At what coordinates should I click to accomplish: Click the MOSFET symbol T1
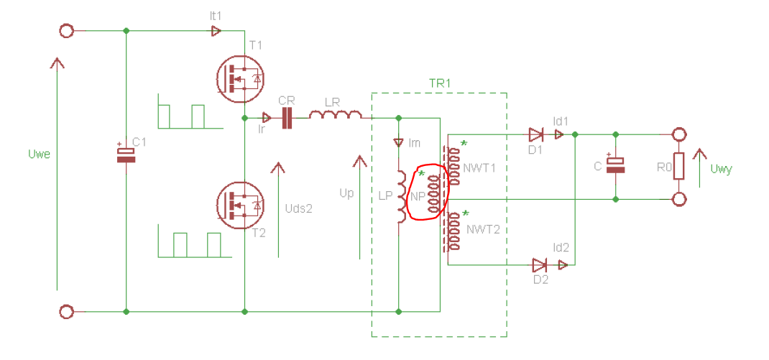(x=239, y=78)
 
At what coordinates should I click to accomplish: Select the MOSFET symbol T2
(x=239, y=205)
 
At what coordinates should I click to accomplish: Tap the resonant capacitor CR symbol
(x=287, y=118)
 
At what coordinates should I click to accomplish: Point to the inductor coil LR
(x=336, y=115)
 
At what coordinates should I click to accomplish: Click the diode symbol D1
(x=535, y=134)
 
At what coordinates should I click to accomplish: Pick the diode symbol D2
(x=540, y=265)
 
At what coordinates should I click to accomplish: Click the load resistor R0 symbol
(x=678, y=166)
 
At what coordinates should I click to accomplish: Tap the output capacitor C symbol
(x=616, y=164)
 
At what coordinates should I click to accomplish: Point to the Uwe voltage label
(x=40, y=154)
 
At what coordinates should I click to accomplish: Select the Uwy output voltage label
(x=721, y=170)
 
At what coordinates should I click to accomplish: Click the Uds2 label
(x=298, y=208)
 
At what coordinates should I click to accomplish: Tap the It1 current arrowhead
(x=216, y=31)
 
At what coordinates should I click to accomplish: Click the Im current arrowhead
(x=398, y=143)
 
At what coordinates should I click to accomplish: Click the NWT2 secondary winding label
(x=483, y=229)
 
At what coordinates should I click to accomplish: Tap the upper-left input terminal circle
(x=66, y=32)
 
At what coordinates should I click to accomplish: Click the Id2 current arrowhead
(x=563, y=265)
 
